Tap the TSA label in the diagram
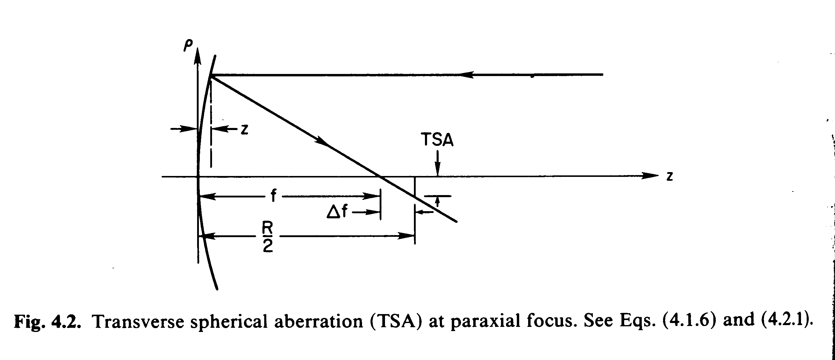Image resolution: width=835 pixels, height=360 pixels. click(437, 140)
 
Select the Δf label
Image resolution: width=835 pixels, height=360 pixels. click(337, 212)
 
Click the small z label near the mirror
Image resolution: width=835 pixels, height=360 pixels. click(245, 129)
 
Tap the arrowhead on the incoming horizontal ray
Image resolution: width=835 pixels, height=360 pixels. click(467, 75)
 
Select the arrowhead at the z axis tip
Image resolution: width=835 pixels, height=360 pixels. click(650, 176)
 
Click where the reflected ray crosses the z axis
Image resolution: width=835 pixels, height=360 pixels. click(380, 177)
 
